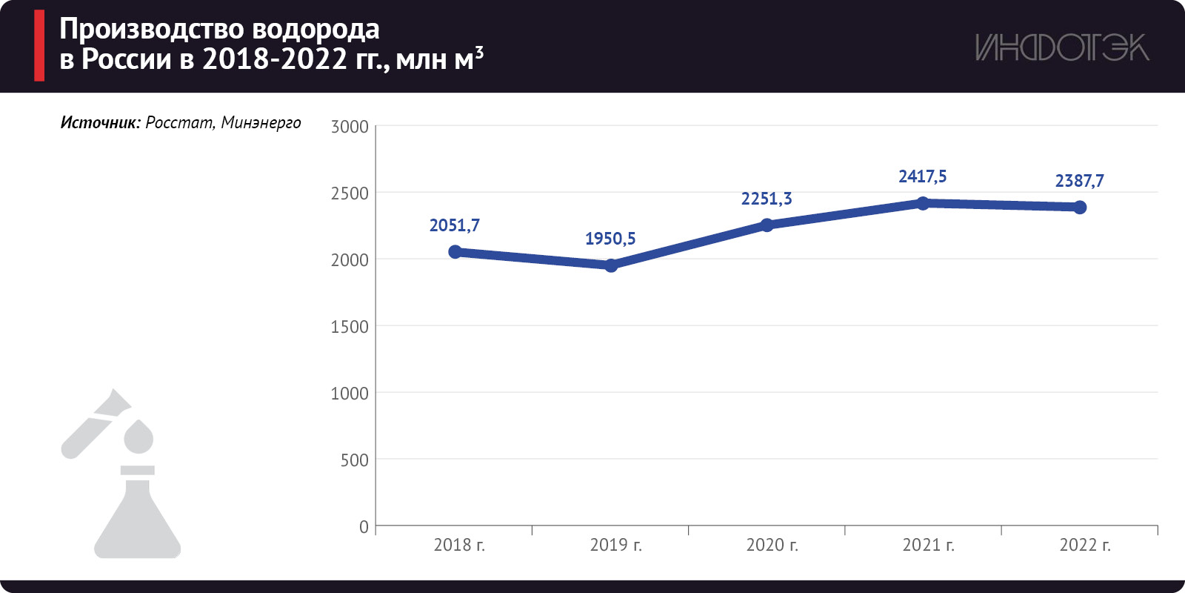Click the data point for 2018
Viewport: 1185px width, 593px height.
(x=455, y=252)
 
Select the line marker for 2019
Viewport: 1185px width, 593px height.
(x=611, y=265)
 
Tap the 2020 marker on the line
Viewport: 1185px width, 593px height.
(x=767, y=225)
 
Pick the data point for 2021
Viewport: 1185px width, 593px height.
(x=923, y=203)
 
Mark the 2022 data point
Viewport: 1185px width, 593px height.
(x=1080, y=208)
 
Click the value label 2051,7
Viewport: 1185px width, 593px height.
(x=455, y=225)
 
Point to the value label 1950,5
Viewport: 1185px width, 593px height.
(x=610, y=239)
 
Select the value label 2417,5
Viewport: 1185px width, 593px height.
(x=923, y=176)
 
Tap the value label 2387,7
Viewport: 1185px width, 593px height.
(x=1079, y=181)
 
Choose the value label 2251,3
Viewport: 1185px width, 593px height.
(x=767, y=199)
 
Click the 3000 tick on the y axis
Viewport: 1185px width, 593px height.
(x=350, y=127)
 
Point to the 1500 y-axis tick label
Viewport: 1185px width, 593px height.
(x=350, y=327)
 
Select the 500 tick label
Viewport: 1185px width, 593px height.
(x=354, y=460)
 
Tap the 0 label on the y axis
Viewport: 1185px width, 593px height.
(x=364, y=527)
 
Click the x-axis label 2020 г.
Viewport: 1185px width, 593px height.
(x=772, y=546)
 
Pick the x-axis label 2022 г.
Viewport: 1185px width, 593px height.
(x=1085, y=546)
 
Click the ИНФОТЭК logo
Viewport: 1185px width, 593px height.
(x=1061, y=47)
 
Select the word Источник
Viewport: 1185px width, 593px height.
(x=100, y=123)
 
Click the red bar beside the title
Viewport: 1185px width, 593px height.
(x=39, y=45)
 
